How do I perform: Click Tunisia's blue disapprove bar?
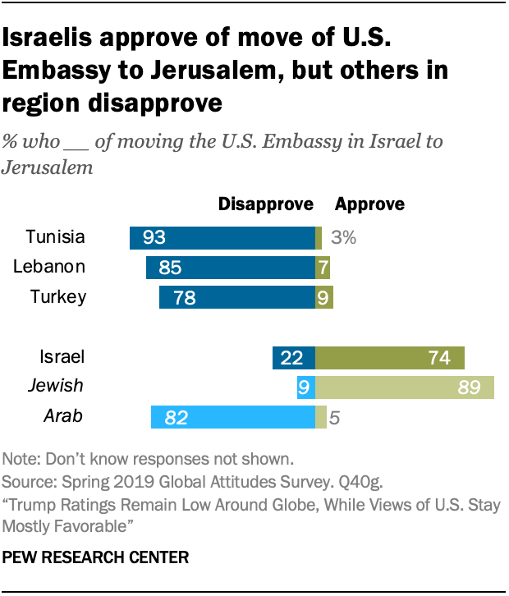point(222,238)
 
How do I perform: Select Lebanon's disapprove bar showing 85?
point(230,268)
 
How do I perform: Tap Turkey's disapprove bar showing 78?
point(236,297)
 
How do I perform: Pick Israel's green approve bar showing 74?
point(389,358)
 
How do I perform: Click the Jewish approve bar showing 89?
point(404,387)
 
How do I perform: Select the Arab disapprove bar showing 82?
point(232,418)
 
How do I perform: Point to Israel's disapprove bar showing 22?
point(293,358)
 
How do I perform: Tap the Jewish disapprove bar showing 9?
point(305,387)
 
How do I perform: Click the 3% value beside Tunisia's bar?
point(343,238)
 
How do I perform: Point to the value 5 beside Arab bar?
point(334,418)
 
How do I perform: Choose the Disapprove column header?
point(265,204)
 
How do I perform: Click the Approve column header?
point(369,204)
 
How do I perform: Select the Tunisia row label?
point(55,237)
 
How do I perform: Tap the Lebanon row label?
point(50,267)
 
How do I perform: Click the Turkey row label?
point(57,296)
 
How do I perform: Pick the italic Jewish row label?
point(56,386)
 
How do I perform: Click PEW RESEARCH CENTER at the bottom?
point(96,557)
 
